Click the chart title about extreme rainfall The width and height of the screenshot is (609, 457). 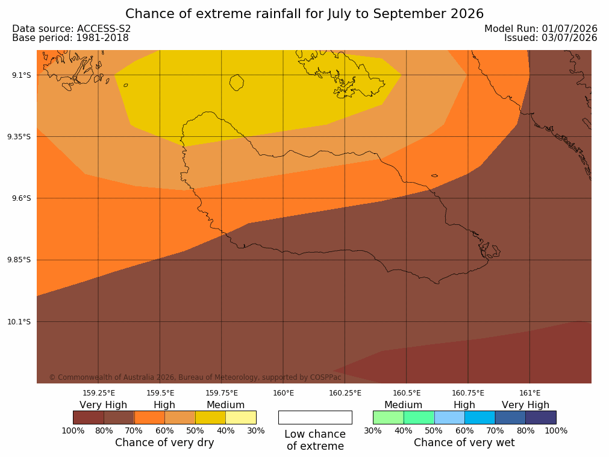click(305, 14)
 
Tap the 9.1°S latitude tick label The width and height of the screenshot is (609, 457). click(22, 75)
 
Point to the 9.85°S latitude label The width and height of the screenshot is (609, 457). click(19, 260)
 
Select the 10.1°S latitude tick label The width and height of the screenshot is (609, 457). click(19, 321)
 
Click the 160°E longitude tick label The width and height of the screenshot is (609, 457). click(284, 393)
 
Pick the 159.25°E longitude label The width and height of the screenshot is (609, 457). click(99, 393)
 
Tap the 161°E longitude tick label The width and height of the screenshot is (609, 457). click(529, 393)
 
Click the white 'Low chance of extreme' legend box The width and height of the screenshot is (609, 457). click(316, 417)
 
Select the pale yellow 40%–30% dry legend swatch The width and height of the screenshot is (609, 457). click(241, 417)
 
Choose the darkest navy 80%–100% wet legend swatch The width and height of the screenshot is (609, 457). click(541, 417)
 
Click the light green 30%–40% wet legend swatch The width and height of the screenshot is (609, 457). click(389, 417)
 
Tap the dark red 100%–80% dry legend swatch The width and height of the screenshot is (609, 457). click(89, 417)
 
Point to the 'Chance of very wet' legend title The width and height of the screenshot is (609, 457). click(464, 443)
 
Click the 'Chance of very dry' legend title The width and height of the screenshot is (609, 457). click(164, 443)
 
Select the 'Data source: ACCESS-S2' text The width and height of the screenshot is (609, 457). click(72, 29)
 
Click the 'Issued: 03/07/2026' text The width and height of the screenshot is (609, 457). click(551, 38)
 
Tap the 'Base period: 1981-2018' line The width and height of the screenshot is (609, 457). click(70, 38)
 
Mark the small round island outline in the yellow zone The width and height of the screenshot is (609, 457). click(237, 83)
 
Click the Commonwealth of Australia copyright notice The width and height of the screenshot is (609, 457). click(195, 377)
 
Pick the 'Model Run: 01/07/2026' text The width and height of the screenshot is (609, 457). click(541, 29)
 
